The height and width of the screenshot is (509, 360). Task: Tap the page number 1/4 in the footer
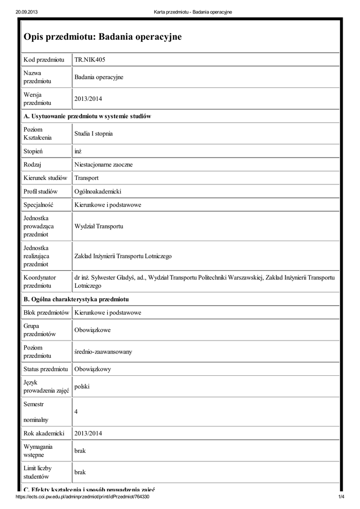[x=341, y=497]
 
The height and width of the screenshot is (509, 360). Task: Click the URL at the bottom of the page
[x=83, y=497]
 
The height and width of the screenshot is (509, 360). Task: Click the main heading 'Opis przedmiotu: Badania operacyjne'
[x=103, y=37]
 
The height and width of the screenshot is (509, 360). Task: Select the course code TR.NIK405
[x=90, y=60]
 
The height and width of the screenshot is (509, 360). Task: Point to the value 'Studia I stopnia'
[x=93, y=134]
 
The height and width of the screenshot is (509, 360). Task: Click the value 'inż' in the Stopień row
[x=78, y=151]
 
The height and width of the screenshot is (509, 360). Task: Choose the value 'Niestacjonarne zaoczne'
[x=103, y=164]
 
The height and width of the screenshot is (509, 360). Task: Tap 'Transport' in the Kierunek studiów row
[x=87, y=177]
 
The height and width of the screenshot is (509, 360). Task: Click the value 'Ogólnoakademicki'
[x=98, y=191]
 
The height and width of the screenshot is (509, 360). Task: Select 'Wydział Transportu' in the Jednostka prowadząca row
[x=98, y=226]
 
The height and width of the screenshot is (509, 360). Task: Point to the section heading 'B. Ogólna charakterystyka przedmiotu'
[x=76, y=299]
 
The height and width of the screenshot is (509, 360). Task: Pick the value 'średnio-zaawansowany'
[x=103, y=351]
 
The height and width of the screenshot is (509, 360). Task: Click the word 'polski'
[x=82, y=386]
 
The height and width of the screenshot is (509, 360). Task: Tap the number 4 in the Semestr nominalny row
[x=76, y=412]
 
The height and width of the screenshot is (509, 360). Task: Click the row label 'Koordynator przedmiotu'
[x=40, y=281]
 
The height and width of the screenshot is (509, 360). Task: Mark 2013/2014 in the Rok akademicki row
[x=88, y=433]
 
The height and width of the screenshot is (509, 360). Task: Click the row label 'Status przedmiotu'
[x=46, y=369]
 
